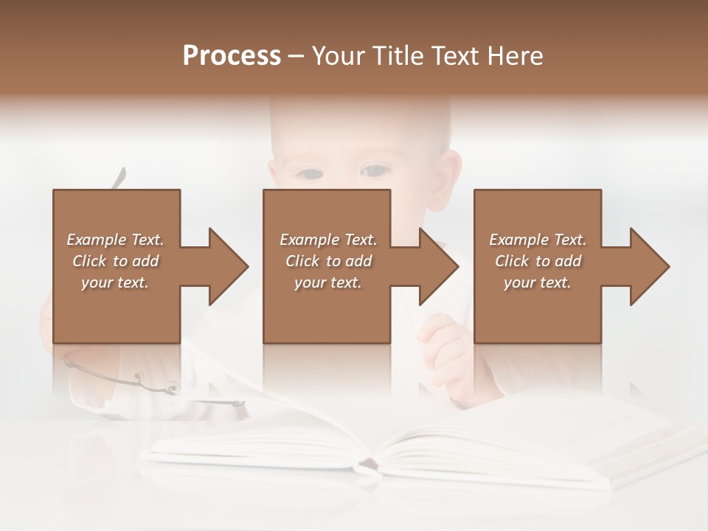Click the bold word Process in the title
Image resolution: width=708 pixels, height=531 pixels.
tap(232, 56)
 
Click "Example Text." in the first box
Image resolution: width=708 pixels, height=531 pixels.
tap(115, 240)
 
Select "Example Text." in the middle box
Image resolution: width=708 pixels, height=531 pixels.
tap(328, 240)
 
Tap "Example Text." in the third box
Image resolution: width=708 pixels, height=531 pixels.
tap(538, 240)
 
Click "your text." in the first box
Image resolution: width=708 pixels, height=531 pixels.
tap(115, 282)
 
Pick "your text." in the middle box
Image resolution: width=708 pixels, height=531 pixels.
tap(328, 282)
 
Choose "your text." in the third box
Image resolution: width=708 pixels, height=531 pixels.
tap(538, 282)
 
